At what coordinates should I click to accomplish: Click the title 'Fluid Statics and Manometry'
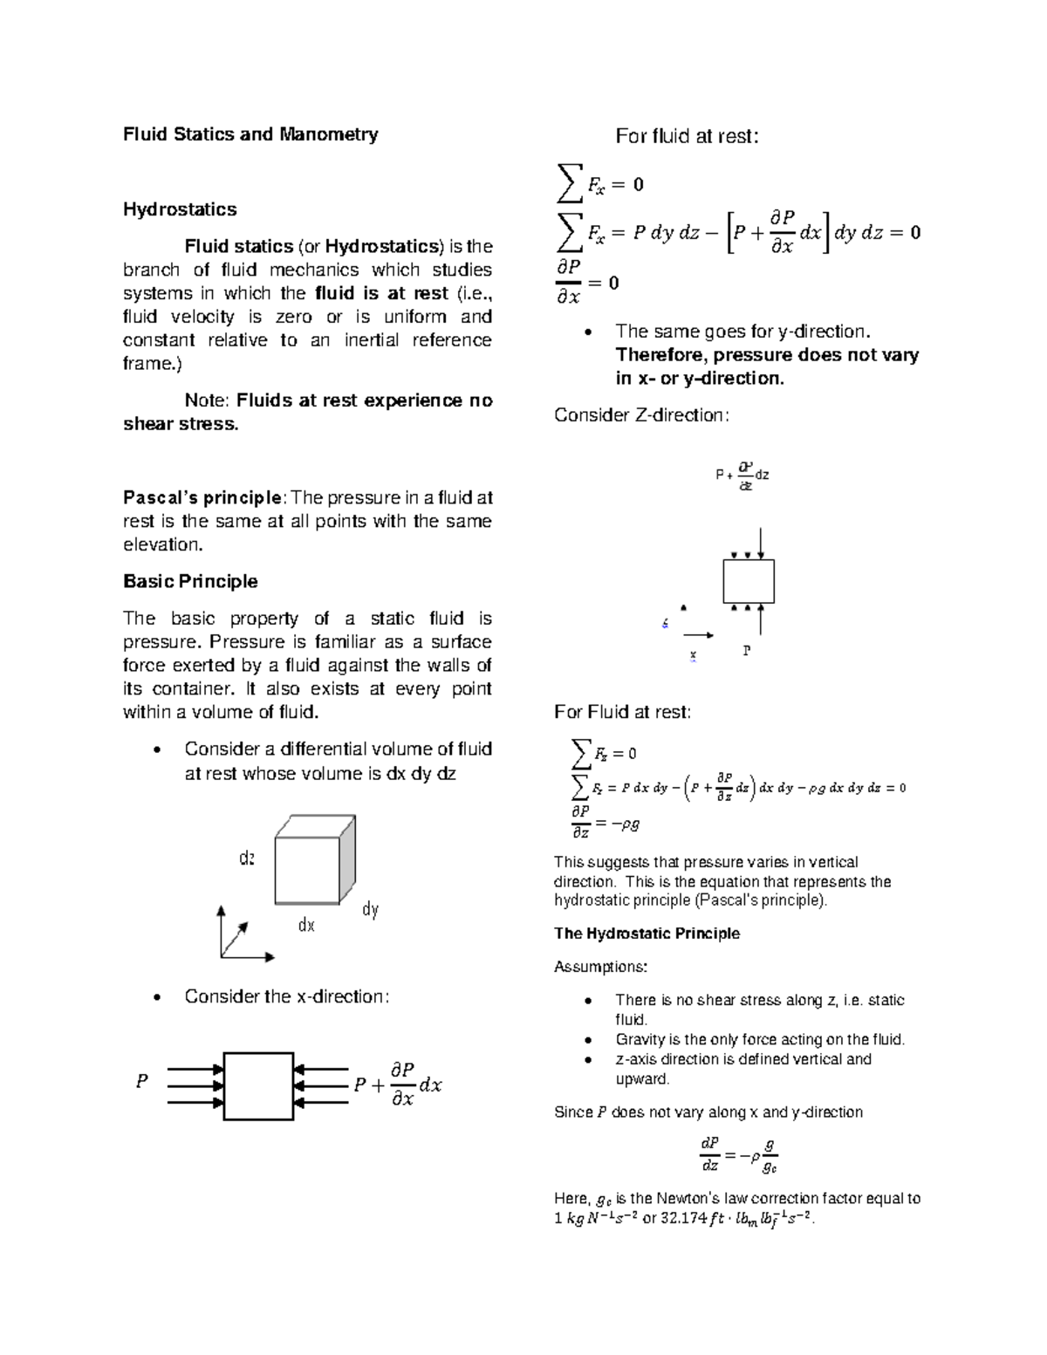point(250,134)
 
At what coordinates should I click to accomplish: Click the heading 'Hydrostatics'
point(180,209)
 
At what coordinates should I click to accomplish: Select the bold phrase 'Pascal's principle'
point(202,498)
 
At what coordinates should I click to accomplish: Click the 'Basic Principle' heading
point(190,582)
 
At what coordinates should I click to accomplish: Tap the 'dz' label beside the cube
point(247,859)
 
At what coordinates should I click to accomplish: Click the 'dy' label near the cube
point(370,910)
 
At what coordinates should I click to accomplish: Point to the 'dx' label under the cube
point(306,925)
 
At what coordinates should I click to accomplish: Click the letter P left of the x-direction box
point(141,1082)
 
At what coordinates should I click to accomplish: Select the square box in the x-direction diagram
point(258,1086)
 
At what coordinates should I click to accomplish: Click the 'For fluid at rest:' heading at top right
point(688,136)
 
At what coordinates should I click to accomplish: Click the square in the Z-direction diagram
point(749,581)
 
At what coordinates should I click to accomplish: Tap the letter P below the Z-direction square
point(747,651)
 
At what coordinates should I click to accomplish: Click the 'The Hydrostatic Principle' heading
point(647,934)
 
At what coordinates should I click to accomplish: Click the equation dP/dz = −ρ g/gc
point(739,1155)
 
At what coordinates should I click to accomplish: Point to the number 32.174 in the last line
point(683,1219)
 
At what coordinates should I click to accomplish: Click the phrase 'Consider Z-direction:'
point(641,415)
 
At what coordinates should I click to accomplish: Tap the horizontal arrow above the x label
point(698,635)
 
